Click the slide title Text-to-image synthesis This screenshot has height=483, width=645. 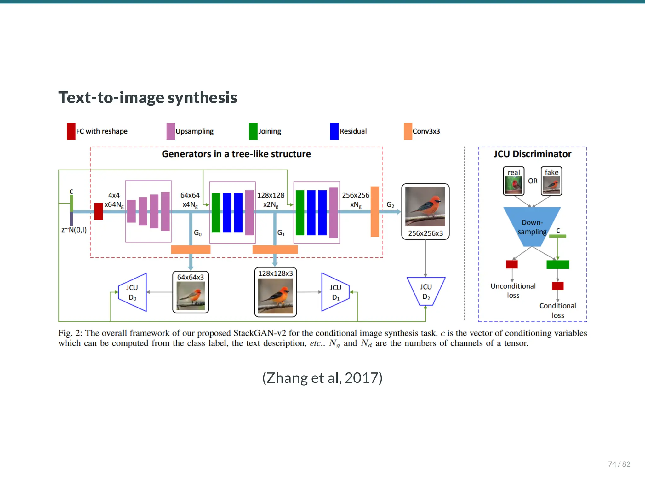point(147,97)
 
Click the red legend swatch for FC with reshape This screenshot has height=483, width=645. point(71,131)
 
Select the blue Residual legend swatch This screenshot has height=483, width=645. point(334,131)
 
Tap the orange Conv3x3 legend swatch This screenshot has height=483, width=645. point(408,131)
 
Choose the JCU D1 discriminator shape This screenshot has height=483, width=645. point(335,292)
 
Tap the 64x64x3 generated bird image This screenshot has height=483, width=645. point(191,295)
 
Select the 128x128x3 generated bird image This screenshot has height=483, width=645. point(275,295)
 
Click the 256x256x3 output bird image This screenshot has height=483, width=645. point(425,206)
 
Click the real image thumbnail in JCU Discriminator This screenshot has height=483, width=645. point(514,185)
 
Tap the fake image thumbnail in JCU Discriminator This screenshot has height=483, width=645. point(551,185)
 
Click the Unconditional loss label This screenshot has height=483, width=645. point(513,290)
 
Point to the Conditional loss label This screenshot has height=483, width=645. point(557,310)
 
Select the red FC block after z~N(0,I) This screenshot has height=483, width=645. point(99,211)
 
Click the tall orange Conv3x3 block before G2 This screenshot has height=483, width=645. point(375,211)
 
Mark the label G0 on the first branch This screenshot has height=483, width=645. point(197,233)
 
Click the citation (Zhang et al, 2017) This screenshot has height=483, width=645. point(322,378)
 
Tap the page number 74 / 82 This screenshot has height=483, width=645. point(619,464)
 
